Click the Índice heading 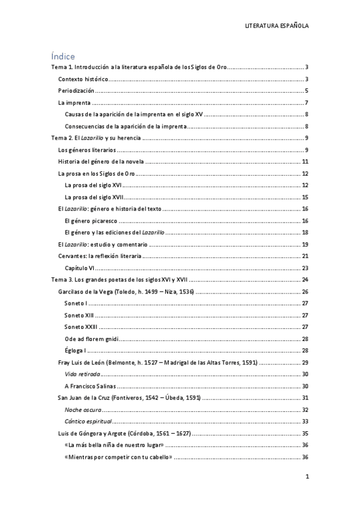point(63,56)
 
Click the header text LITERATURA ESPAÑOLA point(277,26)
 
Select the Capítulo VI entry point(81,268)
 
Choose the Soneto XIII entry point(79,315)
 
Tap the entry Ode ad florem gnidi point(89,339)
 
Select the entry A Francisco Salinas point(90,386)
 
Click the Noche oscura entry point(82,410)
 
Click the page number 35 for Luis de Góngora point(305,433)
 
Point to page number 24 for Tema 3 point(305,280)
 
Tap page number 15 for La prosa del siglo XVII point(305,197)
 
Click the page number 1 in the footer point(307,477)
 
